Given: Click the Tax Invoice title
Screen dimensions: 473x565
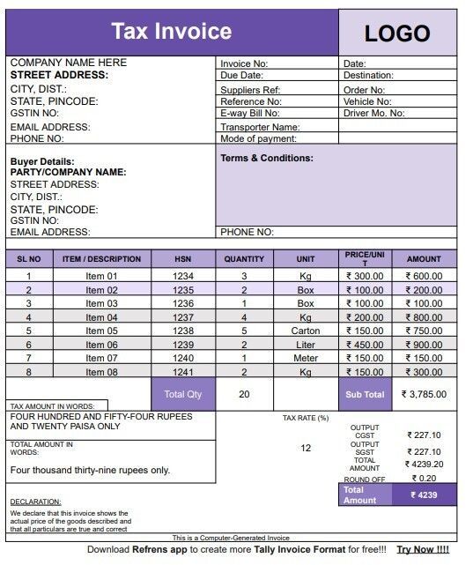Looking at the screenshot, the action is pos(171,32).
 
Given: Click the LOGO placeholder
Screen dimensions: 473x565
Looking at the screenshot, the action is pos(396,33).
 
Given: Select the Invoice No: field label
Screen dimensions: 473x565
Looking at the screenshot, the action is pos(245,63).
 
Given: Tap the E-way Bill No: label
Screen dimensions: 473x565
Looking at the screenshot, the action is pos(250,114).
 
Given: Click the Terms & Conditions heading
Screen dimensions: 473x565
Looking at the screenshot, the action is pos(267,159).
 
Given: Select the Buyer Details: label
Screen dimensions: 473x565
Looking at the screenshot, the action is pos(42,162).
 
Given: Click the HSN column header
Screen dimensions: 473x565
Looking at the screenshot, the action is pos(182,259).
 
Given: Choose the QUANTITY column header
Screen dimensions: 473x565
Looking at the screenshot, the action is pos(244,259).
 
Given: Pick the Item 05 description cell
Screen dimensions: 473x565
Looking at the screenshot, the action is pos(101,331).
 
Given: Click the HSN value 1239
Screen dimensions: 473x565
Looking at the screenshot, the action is pos(182,345).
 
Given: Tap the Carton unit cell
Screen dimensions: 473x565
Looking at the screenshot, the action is pos(306,331).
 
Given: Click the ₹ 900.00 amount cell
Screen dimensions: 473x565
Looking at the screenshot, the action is pos(424,345).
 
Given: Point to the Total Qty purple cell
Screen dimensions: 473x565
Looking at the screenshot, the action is pos(182,394).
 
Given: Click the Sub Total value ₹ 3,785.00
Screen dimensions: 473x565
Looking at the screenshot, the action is pos(424,394).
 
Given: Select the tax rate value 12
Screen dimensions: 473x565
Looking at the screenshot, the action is pos(306,448).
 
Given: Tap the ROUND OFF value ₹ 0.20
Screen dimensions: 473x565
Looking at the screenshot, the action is pos(424,478).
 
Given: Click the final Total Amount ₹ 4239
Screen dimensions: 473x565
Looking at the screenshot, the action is pos(424,494).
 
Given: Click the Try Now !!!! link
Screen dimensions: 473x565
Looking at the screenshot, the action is pos(423,549).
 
